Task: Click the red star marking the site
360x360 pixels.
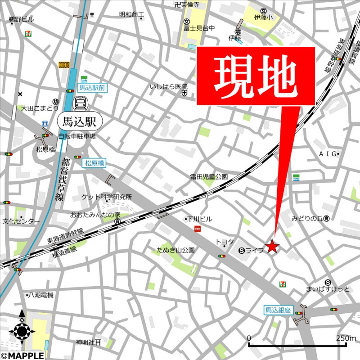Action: pos(272,246)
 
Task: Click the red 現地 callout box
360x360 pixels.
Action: pos(255,76)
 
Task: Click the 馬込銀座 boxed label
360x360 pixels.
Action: pos(279,310)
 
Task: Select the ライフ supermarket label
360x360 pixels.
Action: pos(254,251)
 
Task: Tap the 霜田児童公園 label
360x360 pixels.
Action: pos(209,177)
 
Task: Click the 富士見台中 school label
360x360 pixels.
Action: pos(199,28)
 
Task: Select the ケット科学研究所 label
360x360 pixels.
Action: pos(107,197)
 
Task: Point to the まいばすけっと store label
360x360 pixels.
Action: pos(327,289)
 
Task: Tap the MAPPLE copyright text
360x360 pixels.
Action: pos(22,355)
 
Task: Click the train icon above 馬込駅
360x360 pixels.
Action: pos(81,103)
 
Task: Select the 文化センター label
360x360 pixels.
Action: pos(21,221)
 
